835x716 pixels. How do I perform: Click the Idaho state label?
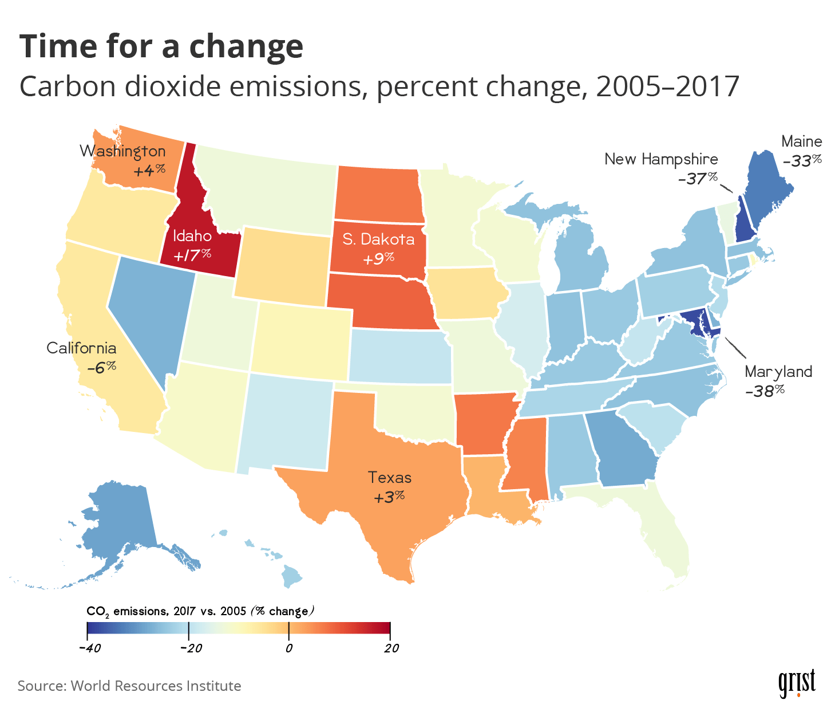coord(192,236)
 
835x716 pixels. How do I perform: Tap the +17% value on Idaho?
coord(192,254)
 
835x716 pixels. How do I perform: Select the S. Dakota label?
coord(378,239)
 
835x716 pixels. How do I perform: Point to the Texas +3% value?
coord(389,496)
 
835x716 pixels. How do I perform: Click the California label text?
coord(81,348)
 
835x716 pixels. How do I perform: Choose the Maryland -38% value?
coord(765,391)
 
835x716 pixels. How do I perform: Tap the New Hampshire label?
coord(661,159)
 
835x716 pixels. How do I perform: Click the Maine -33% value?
coord(802,161)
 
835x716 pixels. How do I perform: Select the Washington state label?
coord(122,151)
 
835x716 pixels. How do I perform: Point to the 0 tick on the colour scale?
coord(289,648)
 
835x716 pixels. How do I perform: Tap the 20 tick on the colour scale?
coord(391,648)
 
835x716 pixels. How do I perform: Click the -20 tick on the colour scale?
coord(188,648)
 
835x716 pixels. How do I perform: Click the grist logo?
coord(797,683)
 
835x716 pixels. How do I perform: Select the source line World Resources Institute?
coord(129,686)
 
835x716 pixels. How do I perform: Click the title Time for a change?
coord(161,47)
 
